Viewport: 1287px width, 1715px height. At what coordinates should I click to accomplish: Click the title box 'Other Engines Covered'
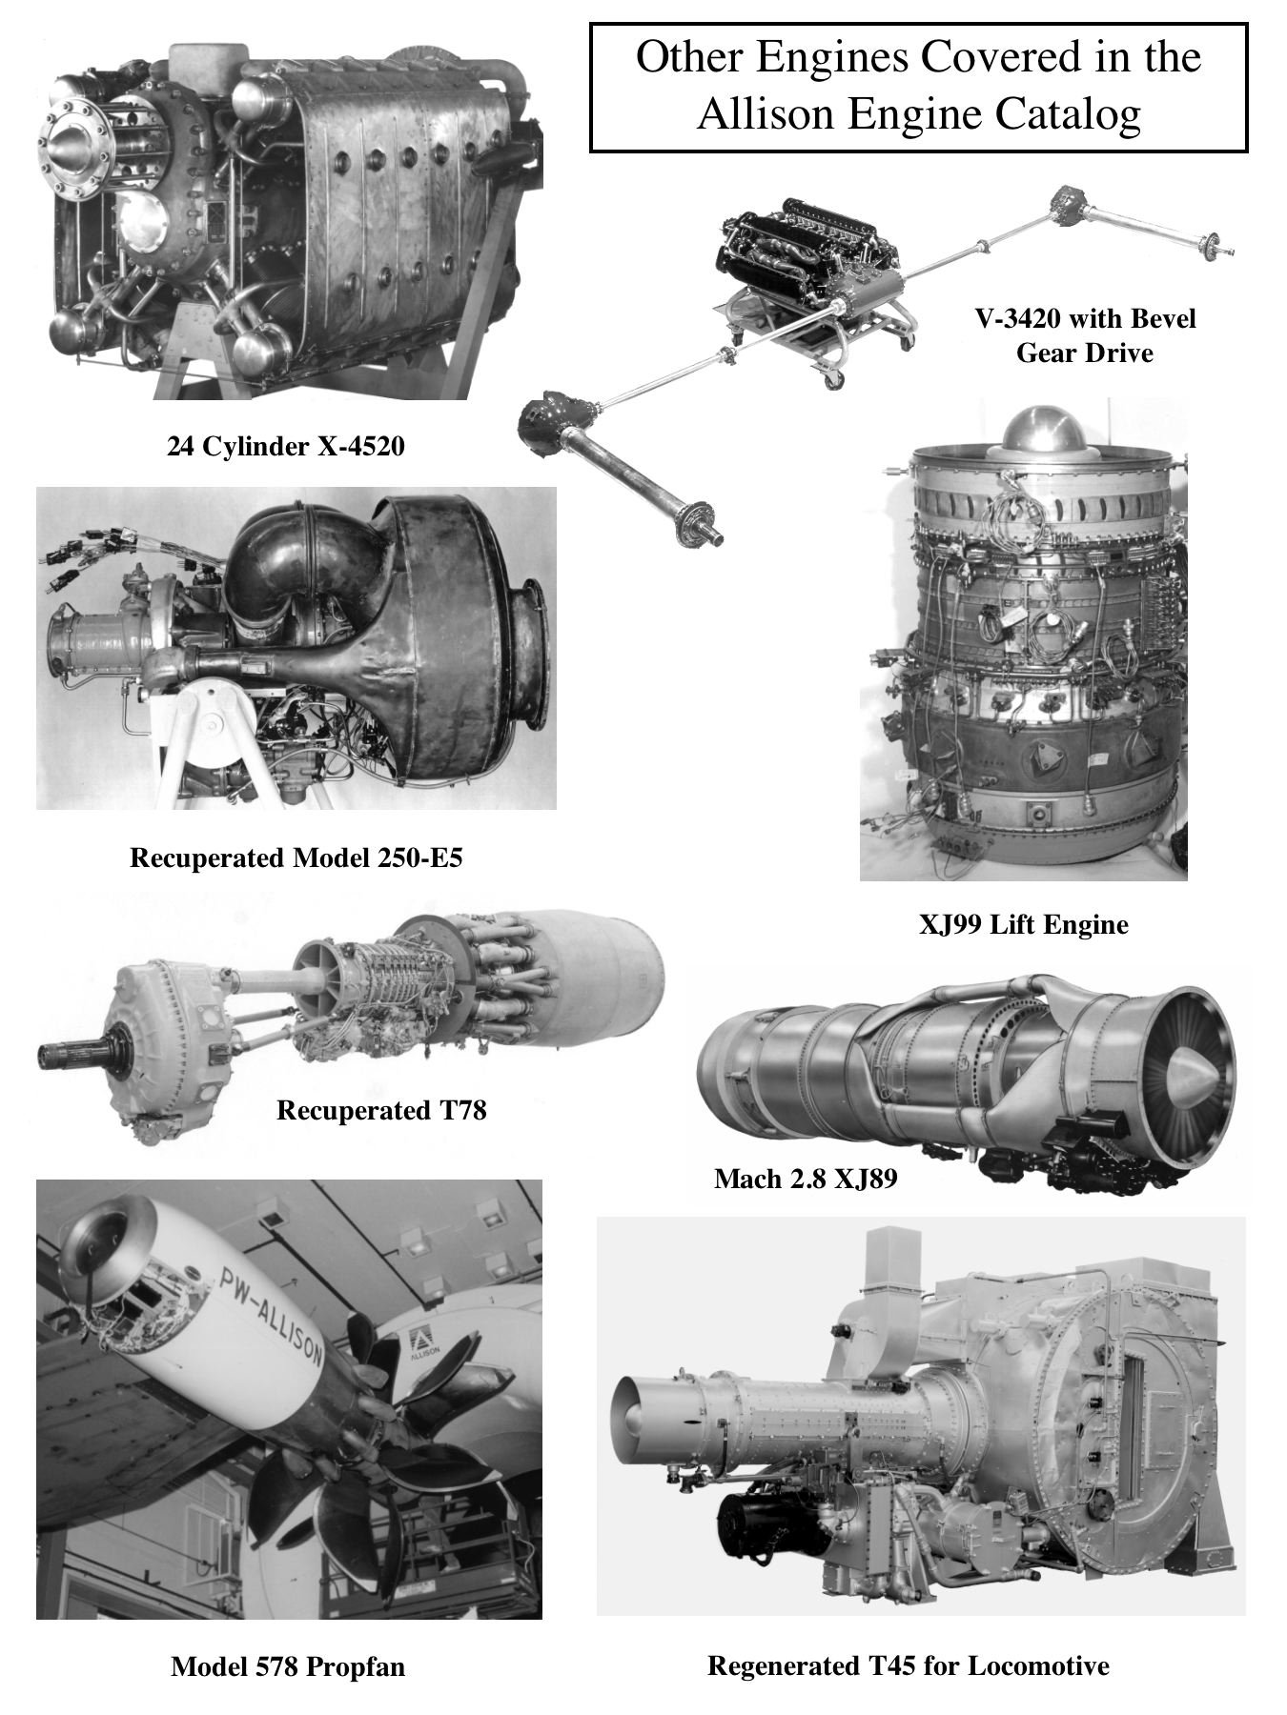pyautogui.click(x=918, y=87)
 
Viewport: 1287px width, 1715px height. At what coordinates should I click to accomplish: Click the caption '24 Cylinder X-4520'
pyautogui.click(x=286, y=446)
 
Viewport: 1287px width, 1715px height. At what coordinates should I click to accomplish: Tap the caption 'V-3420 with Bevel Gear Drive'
pyautogui.click(x=1085, y=335)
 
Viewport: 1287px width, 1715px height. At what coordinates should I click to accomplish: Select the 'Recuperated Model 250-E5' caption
pyautogui.click(x=296, y=857)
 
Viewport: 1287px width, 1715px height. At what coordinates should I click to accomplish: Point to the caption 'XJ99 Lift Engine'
pyautogui.click(x=1023, y=924)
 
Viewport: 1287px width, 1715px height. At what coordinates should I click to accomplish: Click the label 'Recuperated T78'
pyautogui.click(x=381, y=1110)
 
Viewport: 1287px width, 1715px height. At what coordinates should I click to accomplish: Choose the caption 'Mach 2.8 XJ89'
pyautogui.click(x=806, y=1179)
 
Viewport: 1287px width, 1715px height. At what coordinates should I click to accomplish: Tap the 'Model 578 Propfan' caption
pyautogui.click(x=288, y=1666)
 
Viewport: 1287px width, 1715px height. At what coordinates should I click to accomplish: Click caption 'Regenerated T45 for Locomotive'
pyautogui.click(x=908, y=1665)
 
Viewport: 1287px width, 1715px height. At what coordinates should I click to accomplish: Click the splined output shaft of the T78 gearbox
pyautogui.click(x=71, y=1055)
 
